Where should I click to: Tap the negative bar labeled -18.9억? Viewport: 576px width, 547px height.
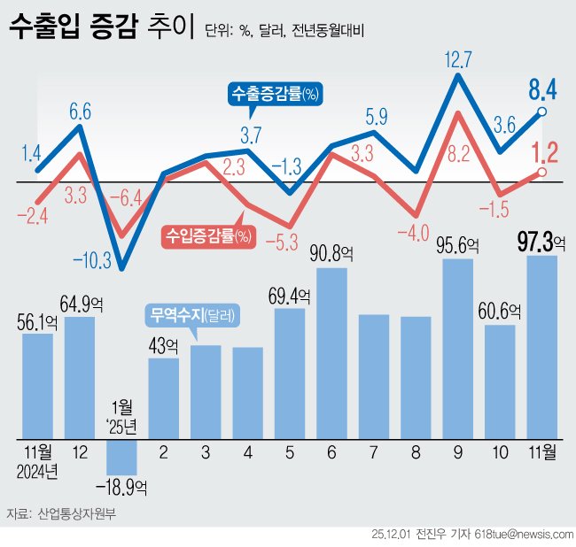pyautogui.click(x=121, y=456)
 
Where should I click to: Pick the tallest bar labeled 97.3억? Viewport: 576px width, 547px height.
pyautogui.click(x=541, y=347)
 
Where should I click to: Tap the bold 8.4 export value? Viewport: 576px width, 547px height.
pyautogui.click(x=542, y=89)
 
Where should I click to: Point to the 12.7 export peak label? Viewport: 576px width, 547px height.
pyautogui.click(x=458, y=60)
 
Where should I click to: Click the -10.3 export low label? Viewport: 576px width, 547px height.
pyautogui.click(x=91, y=259)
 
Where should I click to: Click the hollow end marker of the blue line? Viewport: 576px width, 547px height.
pyautogui.click(x=541, y=112)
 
